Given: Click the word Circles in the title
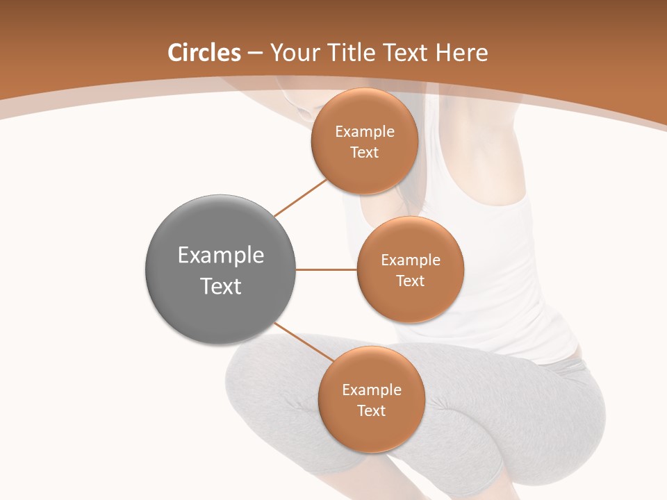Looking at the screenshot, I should [204, 53].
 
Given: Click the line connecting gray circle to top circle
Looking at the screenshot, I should [300, 197].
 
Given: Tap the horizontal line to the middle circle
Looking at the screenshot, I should [326, 269].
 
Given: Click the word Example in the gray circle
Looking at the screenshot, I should [221, 256].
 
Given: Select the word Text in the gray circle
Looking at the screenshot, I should [221, 286].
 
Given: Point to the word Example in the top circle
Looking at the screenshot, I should [365, 132].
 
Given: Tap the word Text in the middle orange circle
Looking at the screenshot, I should [410, 281].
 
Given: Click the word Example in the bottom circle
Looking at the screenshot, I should [372, 390].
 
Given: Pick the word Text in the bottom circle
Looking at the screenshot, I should [372, 410].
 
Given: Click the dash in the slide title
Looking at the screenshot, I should [255, 53].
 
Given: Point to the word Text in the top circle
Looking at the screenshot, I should [365, 152].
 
